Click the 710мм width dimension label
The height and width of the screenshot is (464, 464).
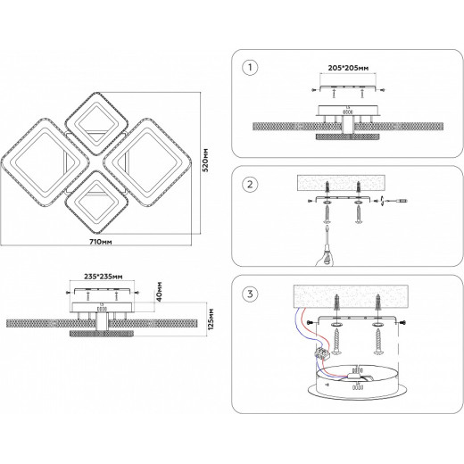point(101,242)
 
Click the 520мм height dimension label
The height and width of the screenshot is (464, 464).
point(205,160)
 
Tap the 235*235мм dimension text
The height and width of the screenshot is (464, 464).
point(103,277)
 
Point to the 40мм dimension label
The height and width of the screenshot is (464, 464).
point(159,292)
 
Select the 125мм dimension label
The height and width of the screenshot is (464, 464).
point(211,319)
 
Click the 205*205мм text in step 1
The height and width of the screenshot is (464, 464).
point(348,68)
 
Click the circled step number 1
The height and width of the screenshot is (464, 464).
point(250,67)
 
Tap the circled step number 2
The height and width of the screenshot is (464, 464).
point(250,184)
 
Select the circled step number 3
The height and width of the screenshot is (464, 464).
point(250,294)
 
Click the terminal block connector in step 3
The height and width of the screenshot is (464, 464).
point(323,354)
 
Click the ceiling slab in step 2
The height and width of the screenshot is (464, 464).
point(341,183)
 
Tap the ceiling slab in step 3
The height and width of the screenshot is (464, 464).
point(351,296)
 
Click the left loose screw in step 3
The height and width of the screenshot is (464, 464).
point(336,341)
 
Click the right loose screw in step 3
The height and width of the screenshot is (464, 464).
point(378,341)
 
